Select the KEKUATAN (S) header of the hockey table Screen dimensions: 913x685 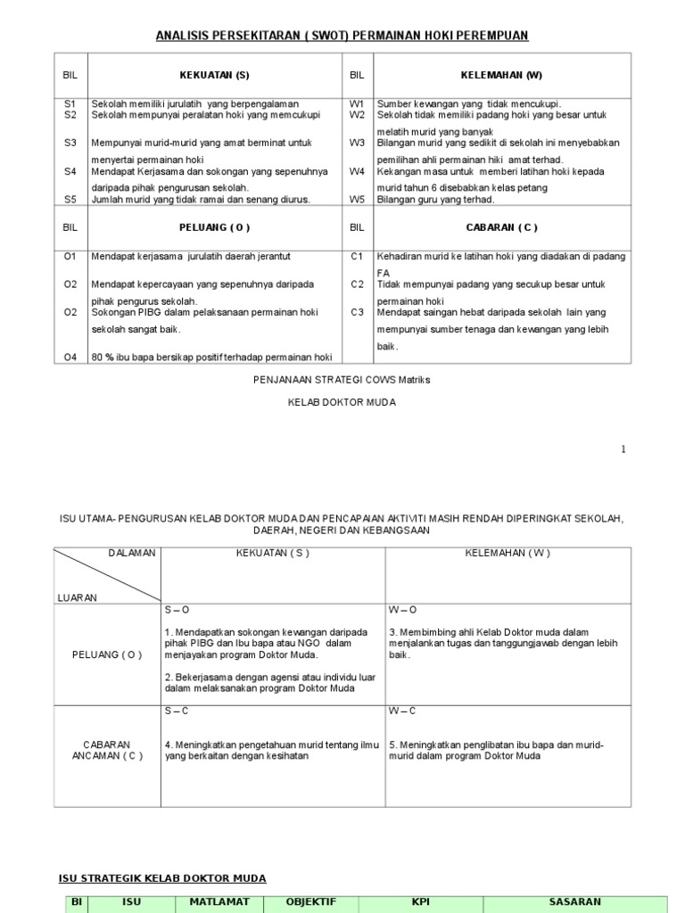[x=215, y=75]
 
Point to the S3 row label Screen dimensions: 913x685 [x=70, y=142]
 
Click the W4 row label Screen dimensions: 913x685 [x=357, y=170]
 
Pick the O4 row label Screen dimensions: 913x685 [x=70, y=358]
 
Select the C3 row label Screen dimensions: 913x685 [x=357, y=312]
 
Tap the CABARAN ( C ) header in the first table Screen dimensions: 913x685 [x=502, y=227]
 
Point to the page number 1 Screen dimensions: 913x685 [x=623, y=449]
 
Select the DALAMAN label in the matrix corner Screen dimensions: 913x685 [x=132, y=553]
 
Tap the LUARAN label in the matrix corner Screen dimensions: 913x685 [x=78, y=597]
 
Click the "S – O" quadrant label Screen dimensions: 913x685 [x=177, y=610]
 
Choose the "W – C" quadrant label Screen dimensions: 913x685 [x=401, y=711]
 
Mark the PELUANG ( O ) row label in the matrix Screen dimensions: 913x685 [x=107, y=654]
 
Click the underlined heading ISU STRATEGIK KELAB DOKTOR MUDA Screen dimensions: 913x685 [x=162, y=878]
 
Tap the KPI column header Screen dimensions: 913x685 [x=420, y=901]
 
